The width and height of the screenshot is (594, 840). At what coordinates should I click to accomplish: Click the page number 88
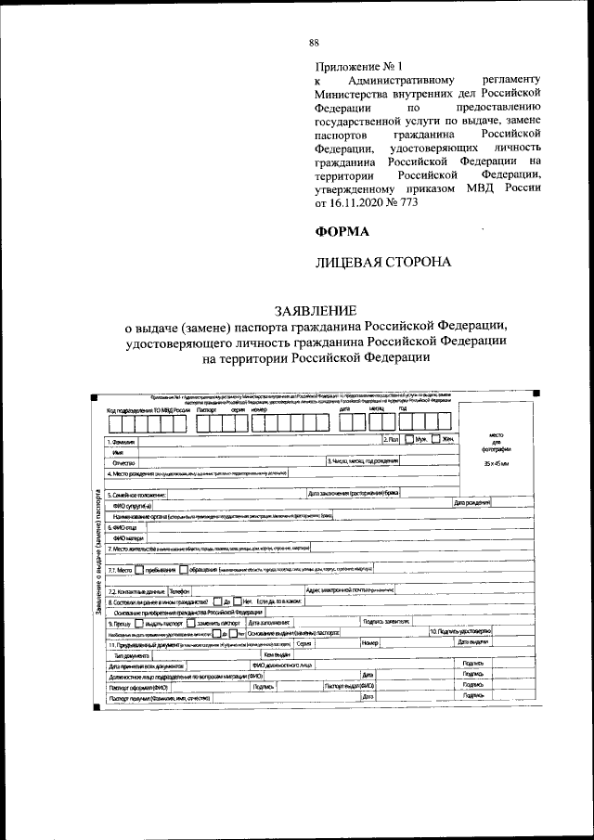314,43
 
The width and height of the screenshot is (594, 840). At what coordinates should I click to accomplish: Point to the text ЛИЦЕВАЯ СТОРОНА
383,263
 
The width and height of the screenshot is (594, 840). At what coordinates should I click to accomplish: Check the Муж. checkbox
409,439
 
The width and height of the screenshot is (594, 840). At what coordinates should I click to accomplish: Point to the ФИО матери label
128,536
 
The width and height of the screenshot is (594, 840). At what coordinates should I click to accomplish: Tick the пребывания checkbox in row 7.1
140,570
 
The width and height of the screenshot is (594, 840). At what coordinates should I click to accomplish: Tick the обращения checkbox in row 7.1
184,570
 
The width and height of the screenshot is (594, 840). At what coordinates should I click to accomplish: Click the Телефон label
178,590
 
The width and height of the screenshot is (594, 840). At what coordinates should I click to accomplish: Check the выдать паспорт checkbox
140,623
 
